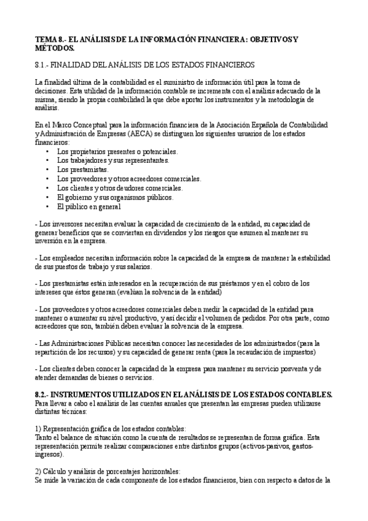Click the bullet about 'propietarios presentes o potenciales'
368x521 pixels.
point(117,151)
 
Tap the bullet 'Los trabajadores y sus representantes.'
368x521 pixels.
point(112,160)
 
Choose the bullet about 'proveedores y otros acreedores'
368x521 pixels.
point(129,179)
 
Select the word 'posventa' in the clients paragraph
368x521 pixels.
point(275,369)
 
